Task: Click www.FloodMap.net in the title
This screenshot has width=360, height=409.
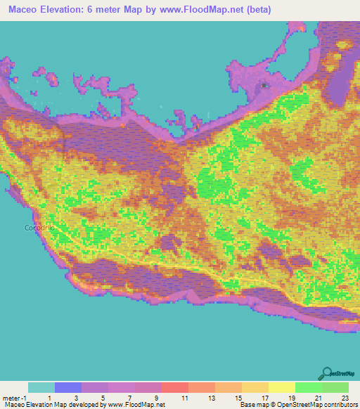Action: click(209, 9)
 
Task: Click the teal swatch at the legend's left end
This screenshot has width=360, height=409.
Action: click(41, 387)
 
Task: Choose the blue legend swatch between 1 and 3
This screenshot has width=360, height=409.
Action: click(68, 387)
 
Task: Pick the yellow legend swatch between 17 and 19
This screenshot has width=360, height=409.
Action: click(281, 387)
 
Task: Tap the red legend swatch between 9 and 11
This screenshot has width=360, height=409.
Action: click(175, 387)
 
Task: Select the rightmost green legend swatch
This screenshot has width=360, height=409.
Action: click(335, 387)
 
